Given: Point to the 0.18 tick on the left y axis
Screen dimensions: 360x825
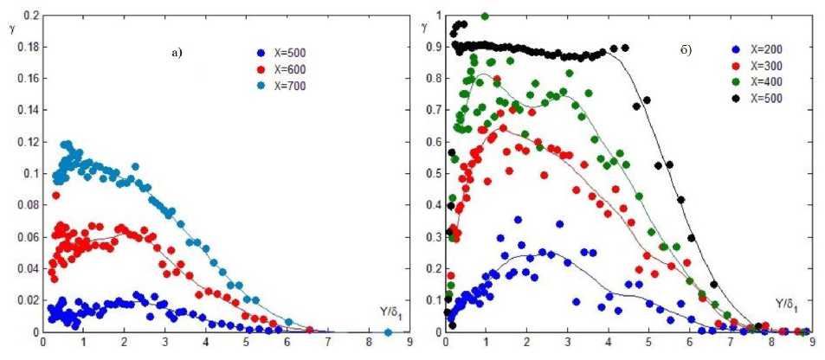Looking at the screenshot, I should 28,47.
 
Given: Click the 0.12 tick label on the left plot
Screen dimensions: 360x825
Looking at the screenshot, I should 28,142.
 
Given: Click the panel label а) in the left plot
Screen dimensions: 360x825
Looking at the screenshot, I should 177,54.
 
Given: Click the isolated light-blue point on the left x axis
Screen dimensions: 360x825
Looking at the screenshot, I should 388,332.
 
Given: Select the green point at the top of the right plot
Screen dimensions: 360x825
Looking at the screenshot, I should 485,16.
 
